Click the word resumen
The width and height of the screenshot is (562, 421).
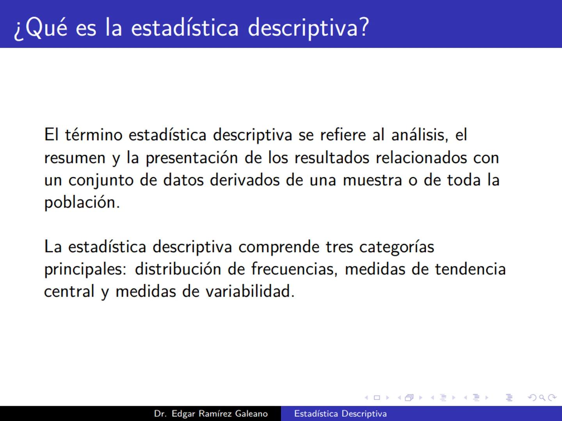point(75,158)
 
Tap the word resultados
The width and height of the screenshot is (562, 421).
point(331,158)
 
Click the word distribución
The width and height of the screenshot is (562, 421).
point(178,269)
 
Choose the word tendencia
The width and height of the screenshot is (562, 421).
point(470,269)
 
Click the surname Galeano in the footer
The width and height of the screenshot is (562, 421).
point(251,414)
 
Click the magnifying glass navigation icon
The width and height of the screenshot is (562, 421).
point(542,398)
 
